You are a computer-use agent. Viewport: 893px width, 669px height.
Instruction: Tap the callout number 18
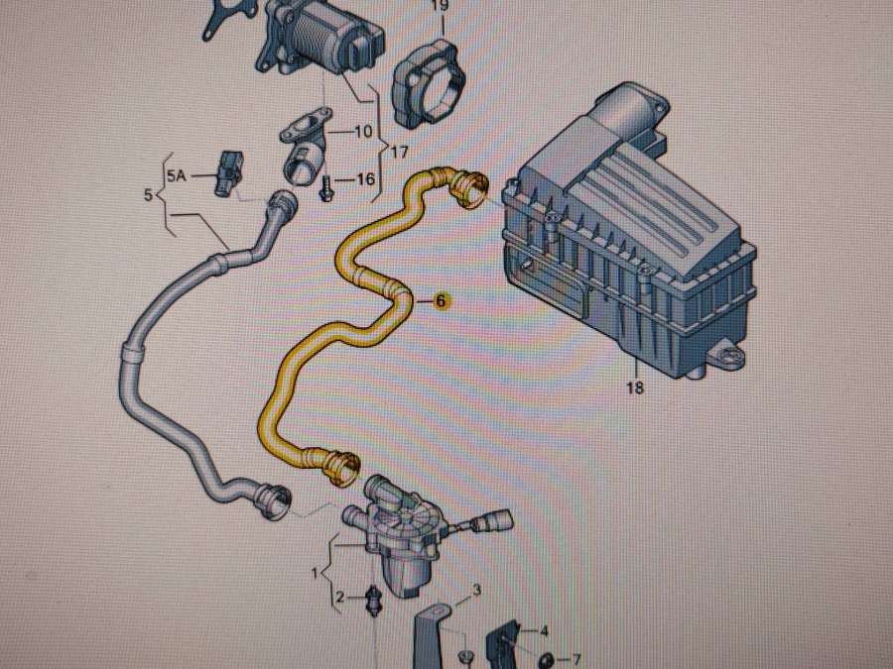(635, 388)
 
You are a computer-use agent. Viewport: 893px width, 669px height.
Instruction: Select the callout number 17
(399, 153)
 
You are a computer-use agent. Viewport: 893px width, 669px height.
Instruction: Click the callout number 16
(364, 179)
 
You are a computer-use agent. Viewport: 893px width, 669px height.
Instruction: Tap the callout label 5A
(176, 175)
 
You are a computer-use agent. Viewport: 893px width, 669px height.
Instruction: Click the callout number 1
(316, 574)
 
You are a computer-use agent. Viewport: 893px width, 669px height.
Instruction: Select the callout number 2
(339, 598)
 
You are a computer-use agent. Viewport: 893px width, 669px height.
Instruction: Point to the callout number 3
(476, 591)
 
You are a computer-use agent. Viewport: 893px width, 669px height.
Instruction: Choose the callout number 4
(543, 629)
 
